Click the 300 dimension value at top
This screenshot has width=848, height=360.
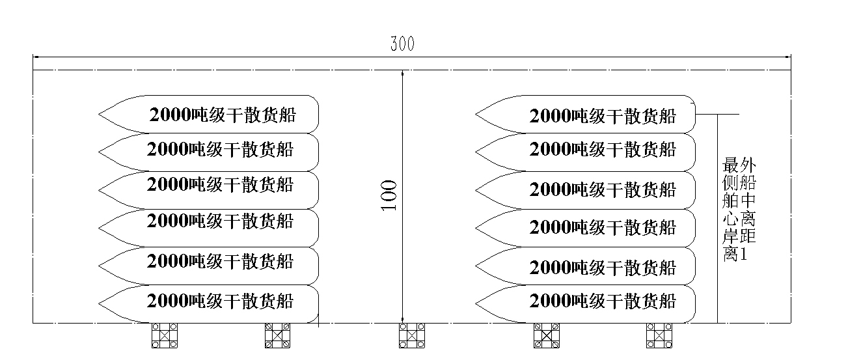pos(402,44)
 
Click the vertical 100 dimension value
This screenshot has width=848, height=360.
pos(389,195)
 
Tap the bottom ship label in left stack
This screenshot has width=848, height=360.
pos(221,301)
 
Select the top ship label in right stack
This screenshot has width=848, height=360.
pos(603,117)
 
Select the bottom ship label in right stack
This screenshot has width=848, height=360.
pos(603,301)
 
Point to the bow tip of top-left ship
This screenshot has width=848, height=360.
pos(99,115)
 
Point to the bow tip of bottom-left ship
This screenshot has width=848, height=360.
pos(99,301)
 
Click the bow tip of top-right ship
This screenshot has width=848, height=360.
pos(476,115)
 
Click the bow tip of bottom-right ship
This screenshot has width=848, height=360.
pos(476,301)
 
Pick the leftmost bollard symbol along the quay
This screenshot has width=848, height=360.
pos(165,335)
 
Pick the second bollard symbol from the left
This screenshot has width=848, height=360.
pos(277,335)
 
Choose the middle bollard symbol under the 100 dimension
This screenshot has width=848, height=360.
pos(411,335)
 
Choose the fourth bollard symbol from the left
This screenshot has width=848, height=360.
pos(546,335)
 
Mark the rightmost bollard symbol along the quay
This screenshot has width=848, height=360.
pos(659,335)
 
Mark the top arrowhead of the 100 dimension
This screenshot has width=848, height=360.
pos(403,73)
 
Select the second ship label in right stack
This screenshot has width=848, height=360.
pos(603,150)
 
